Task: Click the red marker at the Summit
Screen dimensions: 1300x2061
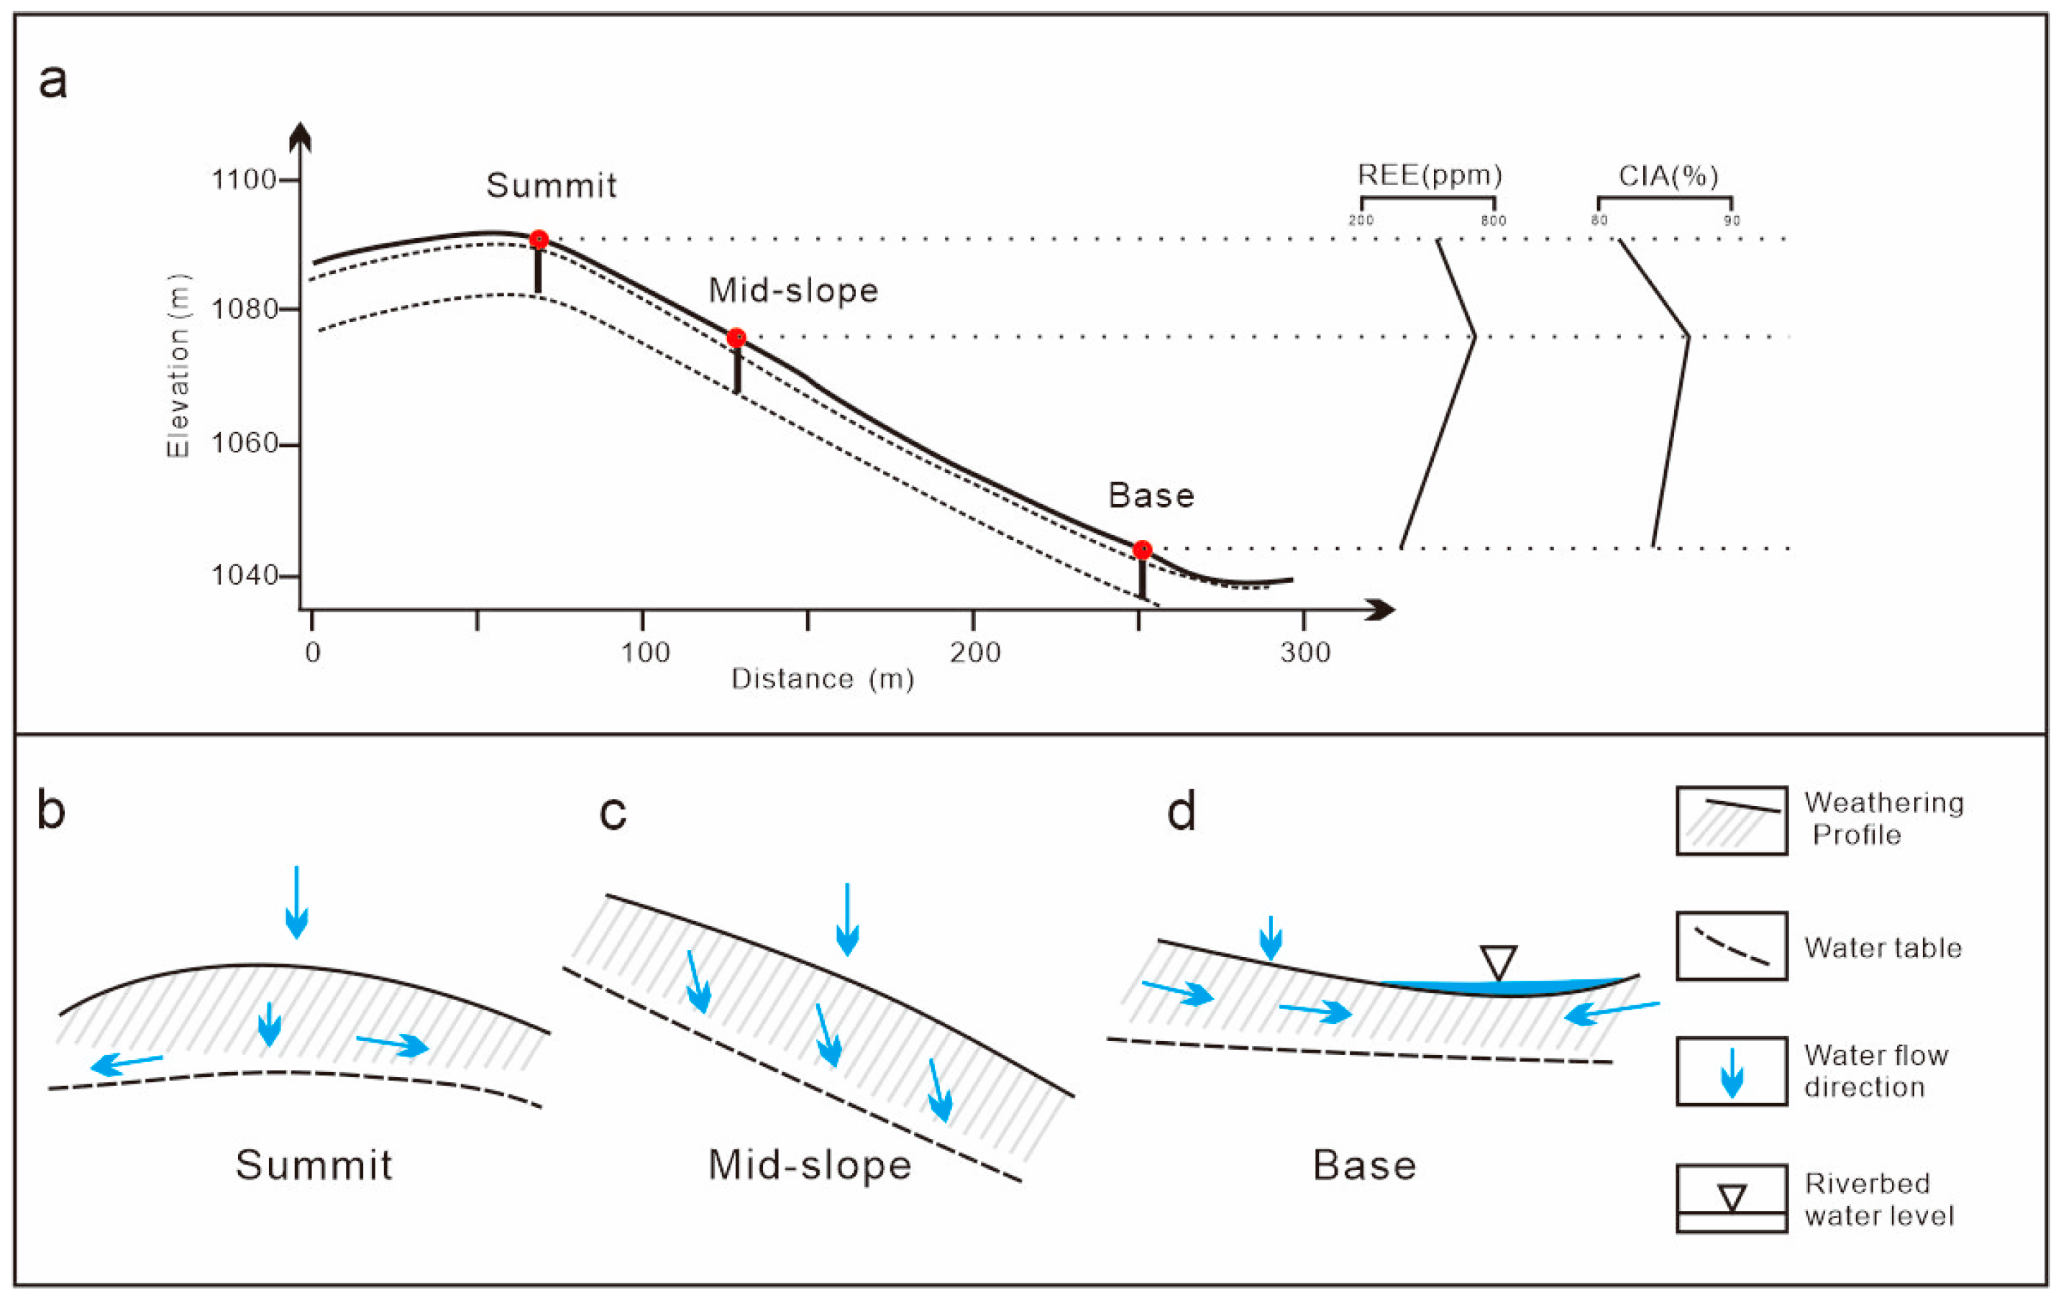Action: (x=539, y=239)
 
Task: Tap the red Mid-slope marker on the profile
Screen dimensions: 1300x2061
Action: (x=736, y=338)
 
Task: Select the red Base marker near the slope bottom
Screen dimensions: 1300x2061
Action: (x=1142, y=549)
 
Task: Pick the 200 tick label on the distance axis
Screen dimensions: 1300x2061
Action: (x=975, y=653)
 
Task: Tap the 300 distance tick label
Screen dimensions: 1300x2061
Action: (x=1305, y=653)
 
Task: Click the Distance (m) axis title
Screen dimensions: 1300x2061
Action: (x=823, y=679)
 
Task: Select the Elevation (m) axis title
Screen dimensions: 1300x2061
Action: (x=178, y=365)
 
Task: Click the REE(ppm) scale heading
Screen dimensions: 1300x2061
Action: (x=1430, y=175)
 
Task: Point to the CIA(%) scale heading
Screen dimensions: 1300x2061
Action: (x=1668, y=176)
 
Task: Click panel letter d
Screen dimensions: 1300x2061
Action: (x=1181, y=810)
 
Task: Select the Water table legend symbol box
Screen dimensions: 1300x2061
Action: (x=1732, y=946)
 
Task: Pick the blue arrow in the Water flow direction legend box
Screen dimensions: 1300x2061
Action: (x=1732, y=1072)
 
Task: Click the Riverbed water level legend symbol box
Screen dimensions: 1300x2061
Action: (x=1732, y=1198)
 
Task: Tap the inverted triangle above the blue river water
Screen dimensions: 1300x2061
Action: (x=1499, y=961)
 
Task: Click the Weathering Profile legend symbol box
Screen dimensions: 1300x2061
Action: (x=1732, y=820)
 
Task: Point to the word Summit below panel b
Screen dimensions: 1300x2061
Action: (x=314, y=1166)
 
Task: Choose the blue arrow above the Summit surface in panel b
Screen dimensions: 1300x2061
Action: (x=296, y=903)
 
